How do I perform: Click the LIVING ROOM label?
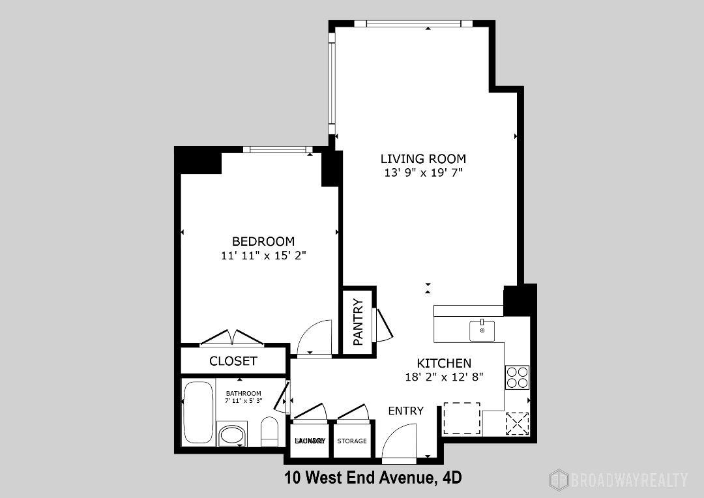pyautogui.click(x=423, y=158)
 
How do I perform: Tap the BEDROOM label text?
pyautogui.click(x=263, y=241)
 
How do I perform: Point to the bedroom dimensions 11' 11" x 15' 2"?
pyautogui.click(x=263, y=256)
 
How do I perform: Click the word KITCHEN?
pyautogui.click(x=444, y=363)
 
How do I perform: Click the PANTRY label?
pyautogui.click(x=357, y=322)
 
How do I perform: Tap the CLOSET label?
pyautogui.click(x=233, y=361)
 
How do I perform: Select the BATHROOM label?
pyautogui.click(x=243, y=393)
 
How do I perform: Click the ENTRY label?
pyautogui.click(x=405, y=411)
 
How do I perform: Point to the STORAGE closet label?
pyautogui.click(x=351, y=441)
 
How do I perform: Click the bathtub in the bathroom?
pyautogui.click(x=198, y=413)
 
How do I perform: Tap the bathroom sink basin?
pyautogui.click(x=231, y=435)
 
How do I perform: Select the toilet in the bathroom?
pyautogui.click(x=269, y=432)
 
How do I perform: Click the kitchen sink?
pyautogui.click(x=482, y=330)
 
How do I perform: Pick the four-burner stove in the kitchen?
pyautogui.click(x=517, y=377)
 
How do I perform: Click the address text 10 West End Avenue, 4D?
pyautogui.click(x=373, y=478)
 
